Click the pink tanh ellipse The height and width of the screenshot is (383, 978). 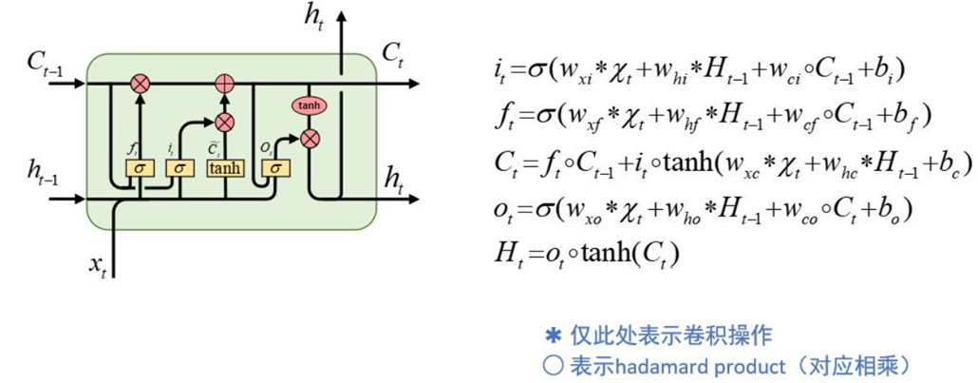coord(307,105)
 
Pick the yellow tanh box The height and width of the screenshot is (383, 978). coord(225,168)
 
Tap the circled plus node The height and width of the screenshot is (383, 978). coord(225,84)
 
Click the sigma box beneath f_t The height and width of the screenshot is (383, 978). coord(141,168)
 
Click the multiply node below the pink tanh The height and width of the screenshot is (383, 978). coord(308,139)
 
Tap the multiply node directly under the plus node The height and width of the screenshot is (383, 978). coord(225,122)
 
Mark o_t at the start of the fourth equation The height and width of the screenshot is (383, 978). coord(504,209)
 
